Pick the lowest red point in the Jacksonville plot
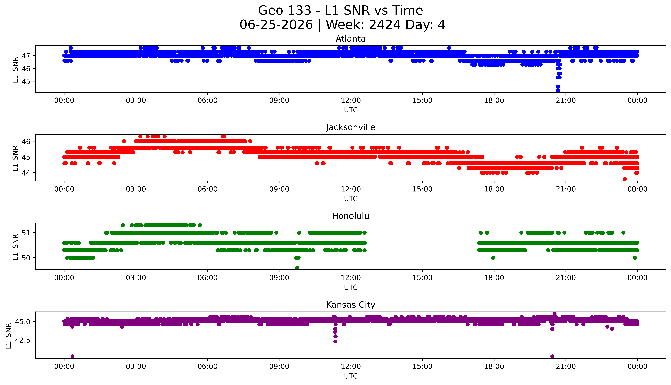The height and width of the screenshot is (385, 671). click(625, 179)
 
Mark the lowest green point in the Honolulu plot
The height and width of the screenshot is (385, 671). click(297, 268)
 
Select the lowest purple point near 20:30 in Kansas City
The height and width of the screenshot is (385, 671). click(552, 356)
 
